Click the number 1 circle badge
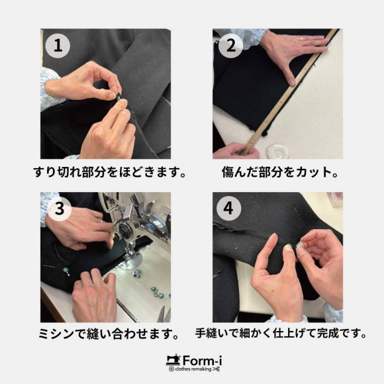coord(58,46)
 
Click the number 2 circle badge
coord(230,46)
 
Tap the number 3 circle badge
coord(60,209)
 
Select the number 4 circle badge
coord(228,209)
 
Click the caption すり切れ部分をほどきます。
coord(109,172)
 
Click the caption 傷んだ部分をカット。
coord(280,172)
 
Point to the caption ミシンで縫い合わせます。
coord(109,334)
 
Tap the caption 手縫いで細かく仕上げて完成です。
coord(281,333)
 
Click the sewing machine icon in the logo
coord(173,360)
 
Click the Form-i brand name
coord(203,361)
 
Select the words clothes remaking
coord(193,369)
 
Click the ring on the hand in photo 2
coord(302,38)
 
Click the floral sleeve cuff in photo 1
coord(50,89)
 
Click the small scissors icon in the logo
coord(216,369)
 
